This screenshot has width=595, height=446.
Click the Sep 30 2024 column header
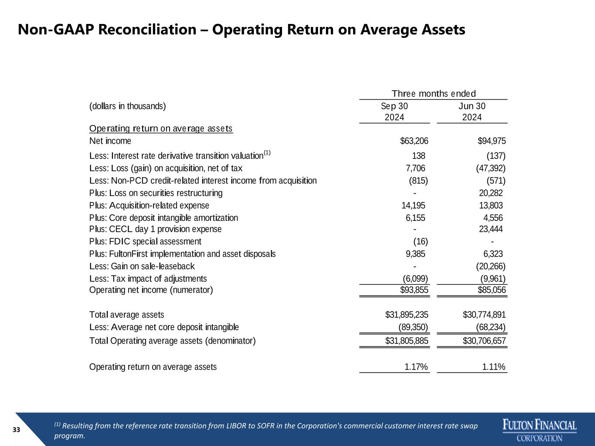pos(394,111)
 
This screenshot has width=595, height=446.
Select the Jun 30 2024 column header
pos(472,111)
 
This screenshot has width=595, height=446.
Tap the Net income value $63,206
pos(414,141)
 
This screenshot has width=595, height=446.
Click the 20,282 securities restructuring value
pos(491,193)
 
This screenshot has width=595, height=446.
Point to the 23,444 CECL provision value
pos(491,229)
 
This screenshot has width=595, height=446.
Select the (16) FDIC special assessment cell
pos(421,241)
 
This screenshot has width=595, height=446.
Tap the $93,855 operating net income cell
pos(414,290)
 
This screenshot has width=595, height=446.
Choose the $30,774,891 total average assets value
pos(484,314)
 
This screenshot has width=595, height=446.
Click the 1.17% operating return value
pos(416,367)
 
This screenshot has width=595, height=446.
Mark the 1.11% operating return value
pos(493,367)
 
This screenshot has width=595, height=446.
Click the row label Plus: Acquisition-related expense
pos(149,206)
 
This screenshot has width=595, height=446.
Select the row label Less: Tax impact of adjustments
pos(148,279)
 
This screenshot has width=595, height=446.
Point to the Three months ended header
pos(433,94)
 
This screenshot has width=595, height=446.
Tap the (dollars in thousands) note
pos(127,106)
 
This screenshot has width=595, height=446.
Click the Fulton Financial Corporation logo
pos(540,430)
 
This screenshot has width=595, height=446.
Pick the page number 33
pos(16,430)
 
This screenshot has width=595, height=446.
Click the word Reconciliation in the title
pos(147,30)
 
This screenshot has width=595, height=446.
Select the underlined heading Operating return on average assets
pos(161,128)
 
